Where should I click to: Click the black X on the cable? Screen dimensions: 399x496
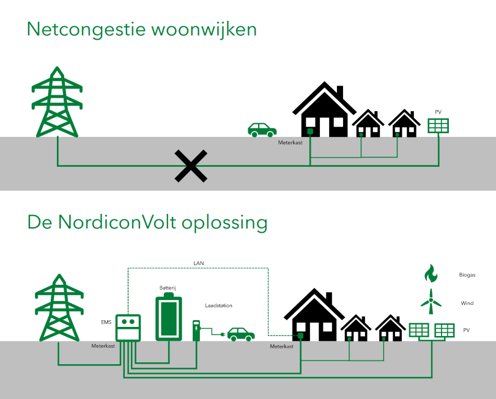[191, 166]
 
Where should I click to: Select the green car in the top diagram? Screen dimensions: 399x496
[262, 129]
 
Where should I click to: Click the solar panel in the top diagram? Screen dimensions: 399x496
[438, 125]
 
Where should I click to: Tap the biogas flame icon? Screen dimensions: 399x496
[431, 273]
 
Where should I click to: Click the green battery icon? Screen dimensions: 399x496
[167, 317]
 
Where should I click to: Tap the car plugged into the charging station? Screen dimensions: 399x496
[240, 334]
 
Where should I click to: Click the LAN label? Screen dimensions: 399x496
[198, 263]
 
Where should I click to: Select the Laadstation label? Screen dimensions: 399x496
[219, 306]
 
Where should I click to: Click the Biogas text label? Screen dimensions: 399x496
[467, 275]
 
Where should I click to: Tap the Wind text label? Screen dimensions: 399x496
[467, 303]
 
